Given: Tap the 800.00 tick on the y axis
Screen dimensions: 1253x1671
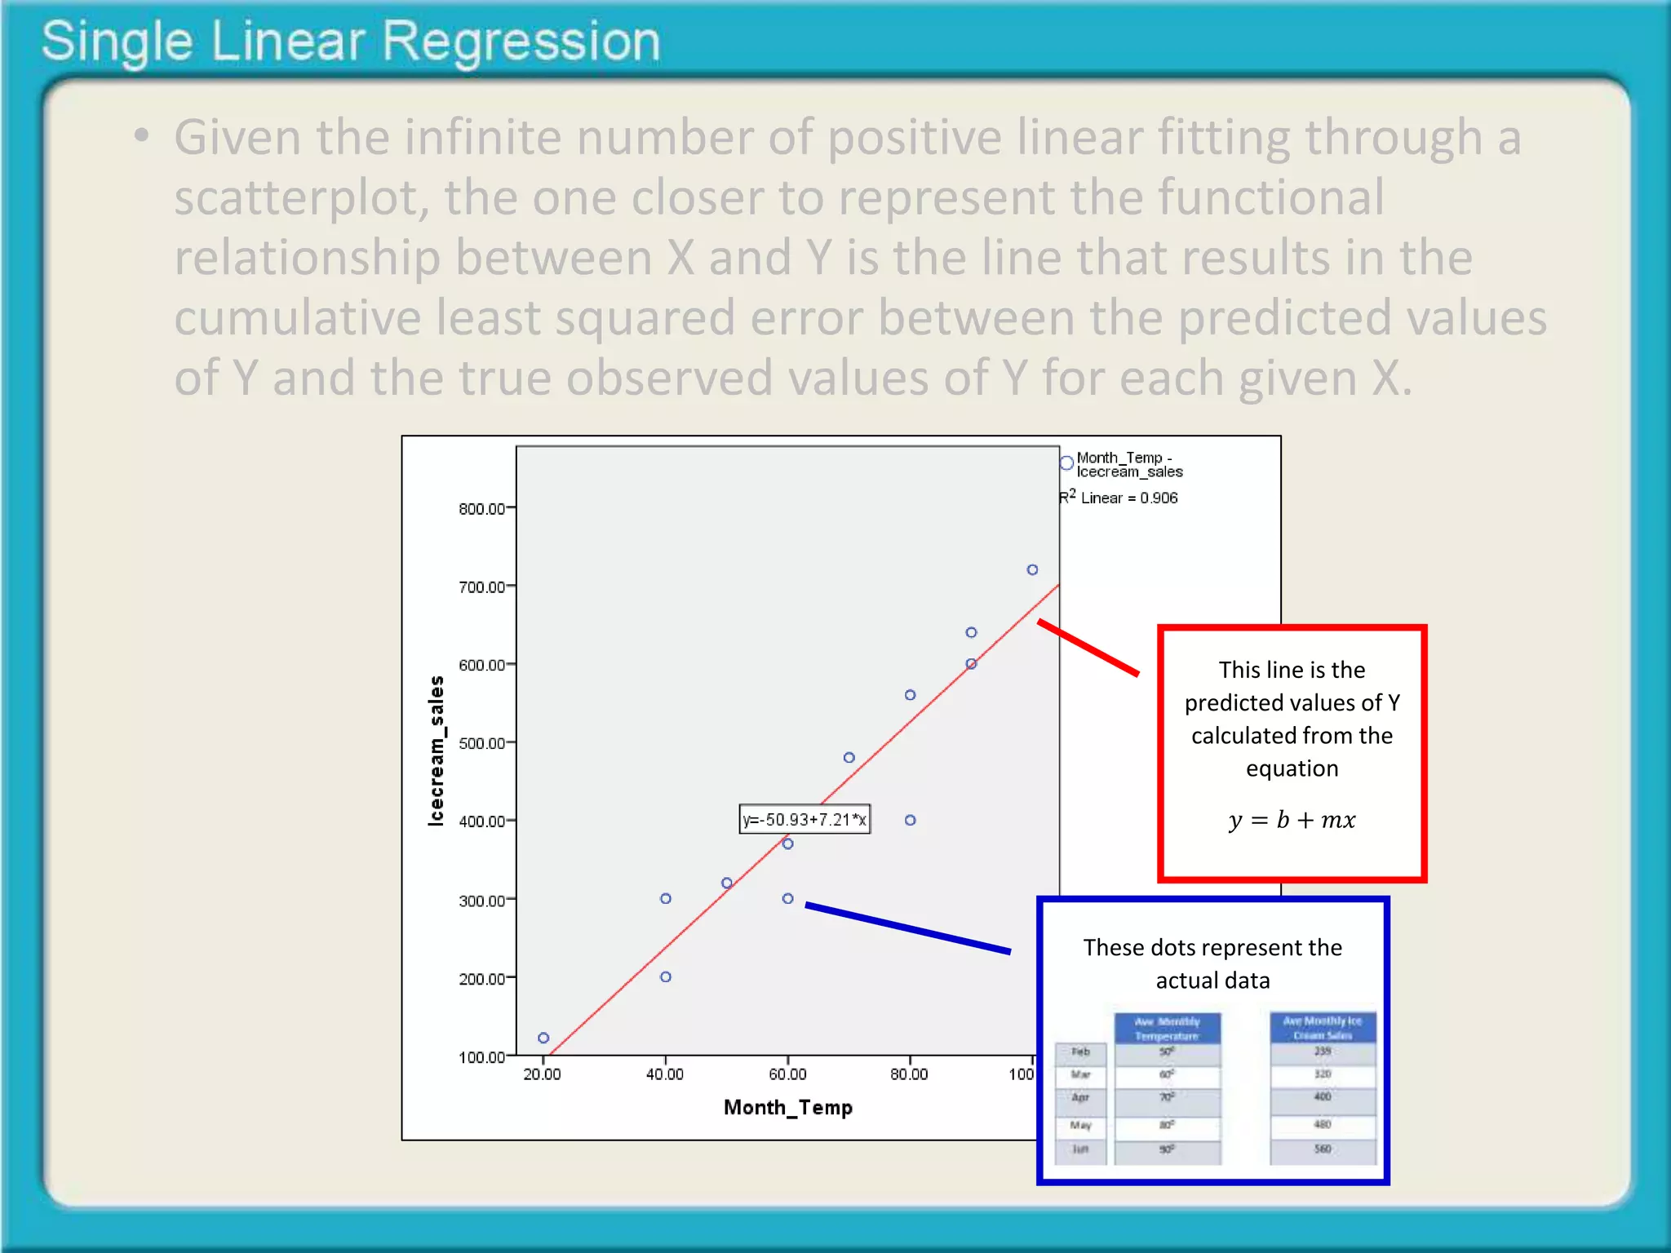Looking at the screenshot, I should click(481, 509).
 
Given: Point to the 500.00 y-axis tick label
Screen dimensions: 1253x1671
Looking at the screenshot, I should click(481, 743).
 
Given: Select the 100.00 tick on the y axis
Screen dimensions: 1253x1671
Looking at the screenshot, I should click(481, 1057).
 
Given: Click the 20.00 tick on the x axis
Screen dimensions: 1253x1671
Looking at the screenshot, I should click(543, 1074).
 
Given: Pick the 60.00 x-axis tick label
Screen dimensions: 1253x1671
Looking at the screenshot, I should click(787, 1074).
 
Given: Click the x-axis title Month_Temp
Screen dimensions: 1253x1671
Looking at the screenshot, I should click(788, 1107).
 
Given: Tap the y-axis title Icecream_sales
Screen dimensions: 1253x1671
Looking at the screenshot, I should click(437, 750).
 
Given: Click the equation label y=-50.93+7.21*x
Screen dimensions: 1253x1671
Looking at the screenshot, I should click(804, 819).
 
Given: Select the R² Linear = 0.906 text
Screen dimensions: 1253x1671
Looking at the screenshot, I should click(1119, 498).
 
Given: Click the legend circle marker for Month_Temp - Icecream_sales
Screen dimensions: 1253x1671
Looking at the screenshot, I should click(1066, 463).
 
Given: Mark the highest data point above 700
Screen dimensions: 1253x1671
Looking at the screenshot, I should click(1032, 569).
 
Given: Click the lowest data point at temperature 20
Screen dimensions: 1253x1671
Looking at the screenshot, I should click(543, 1038).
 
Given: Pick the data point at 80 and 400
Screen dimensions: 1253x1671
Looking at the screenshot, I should click(910, 820).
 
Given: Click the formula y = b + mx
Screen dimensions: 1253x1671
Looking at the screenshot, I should click(1292, 820).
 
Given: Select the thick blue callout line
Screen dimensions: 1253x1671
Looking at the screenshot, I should click(907, 928).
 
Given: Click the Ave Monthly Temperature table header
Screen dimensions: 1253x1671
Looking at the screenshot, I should click(1167, 1029).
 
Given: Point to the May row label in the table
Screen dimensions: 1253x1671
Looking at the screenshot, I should click(1080, 1126).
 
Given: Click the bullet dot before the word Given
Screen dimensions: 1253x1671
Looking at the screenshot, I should click(142, 136).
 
